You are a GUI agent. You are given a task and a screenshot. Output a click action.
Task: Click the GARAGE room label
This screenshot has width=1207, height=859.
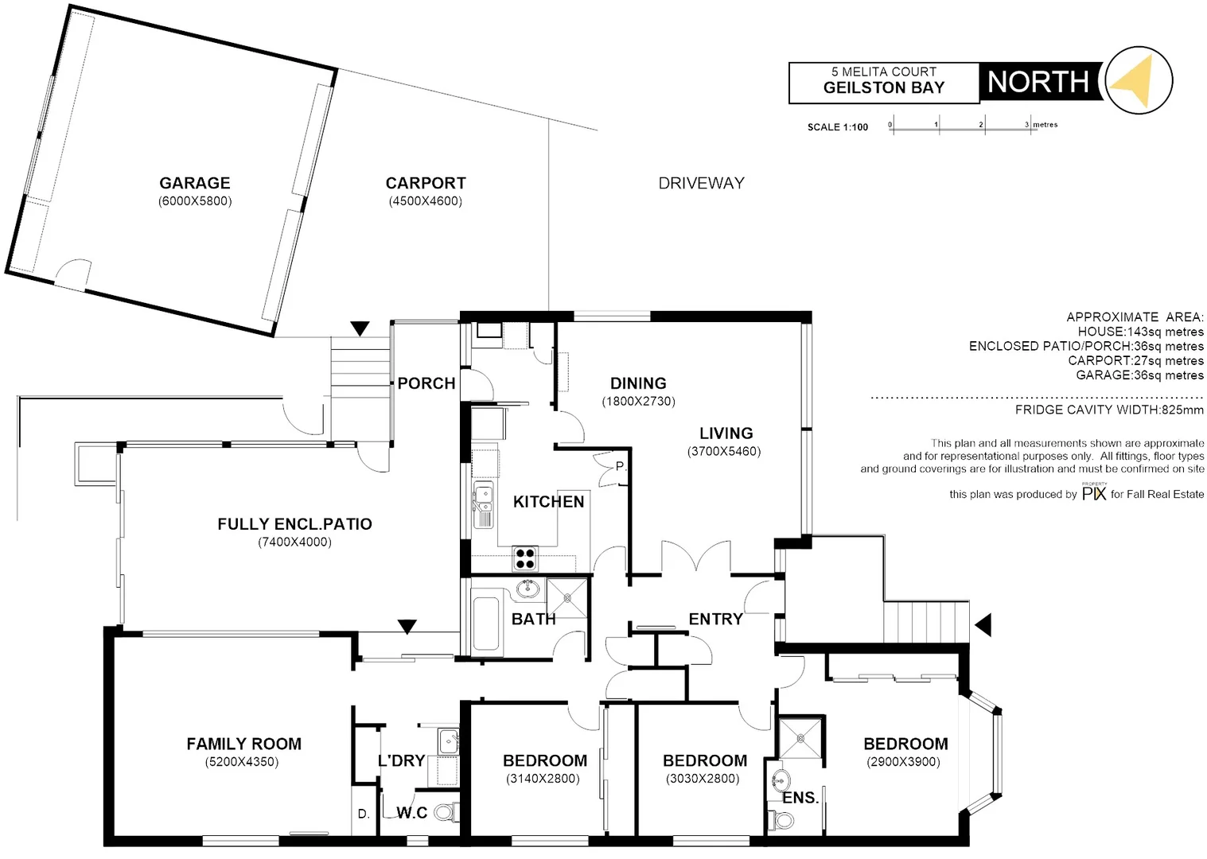coord(195,183)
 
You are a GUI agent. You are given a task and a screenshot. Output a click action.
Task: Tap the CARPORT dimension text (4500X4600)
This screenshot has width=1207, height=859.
coord(425,201)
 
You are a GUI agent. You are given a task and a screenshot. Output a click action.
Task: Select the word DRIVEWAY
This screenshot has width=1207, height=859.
coord(701,183)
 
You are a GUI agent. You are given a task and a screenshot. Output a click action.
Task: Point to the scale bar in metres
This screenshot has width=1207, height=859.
coord(964,126)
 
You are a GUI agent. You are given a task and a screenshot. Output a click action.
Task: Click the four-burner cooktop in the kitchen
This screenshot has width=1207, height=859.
coord(524,558)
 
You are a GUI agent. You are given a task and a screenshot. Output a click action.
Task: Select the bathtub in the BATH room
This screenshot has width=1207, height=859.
coord(487,625)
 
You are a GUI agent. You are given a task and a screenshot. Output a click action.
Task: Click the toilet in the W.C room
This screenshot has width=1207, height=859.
coord(446,811)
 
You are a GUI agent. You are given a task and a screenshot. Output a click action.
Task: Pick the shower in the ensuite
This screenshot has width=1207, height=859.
coord(800,738)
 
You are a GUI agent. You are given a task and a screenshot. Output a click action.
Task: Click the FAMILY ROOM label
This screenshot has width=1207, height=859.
coord(243,744)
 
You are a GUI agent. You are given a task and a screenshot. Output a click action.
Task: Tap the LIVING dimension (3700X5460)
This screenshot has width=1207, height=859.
coord(724,452)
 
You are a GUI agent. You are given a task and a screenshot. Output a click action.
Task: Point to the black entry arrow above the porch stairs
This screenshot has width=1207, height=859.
coord(360,328)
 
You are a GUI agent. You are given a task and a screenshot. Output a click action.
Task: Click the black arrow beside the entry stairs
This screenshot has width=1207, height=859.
coord(983,625)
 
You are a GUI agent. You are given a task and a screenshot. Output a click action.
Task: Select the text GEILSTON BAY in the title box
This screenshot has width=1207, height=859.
coord(883,88)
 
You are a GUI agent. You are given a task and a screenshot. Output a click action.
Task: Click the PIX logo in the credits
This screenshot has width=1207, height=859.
coord(1094,492)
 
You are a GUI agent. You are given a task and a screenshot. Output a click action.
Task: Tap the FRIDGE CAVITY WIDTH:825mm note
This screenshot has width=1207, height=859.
coord(1109,410)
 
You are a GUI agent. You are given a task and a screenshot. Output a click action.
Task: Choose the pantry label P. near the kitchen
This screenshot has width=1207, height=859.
coord(620,467)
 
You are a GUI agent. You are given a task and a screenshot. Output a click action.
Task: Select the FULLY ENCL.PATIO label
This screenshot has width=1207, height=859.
coord(294,524)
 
